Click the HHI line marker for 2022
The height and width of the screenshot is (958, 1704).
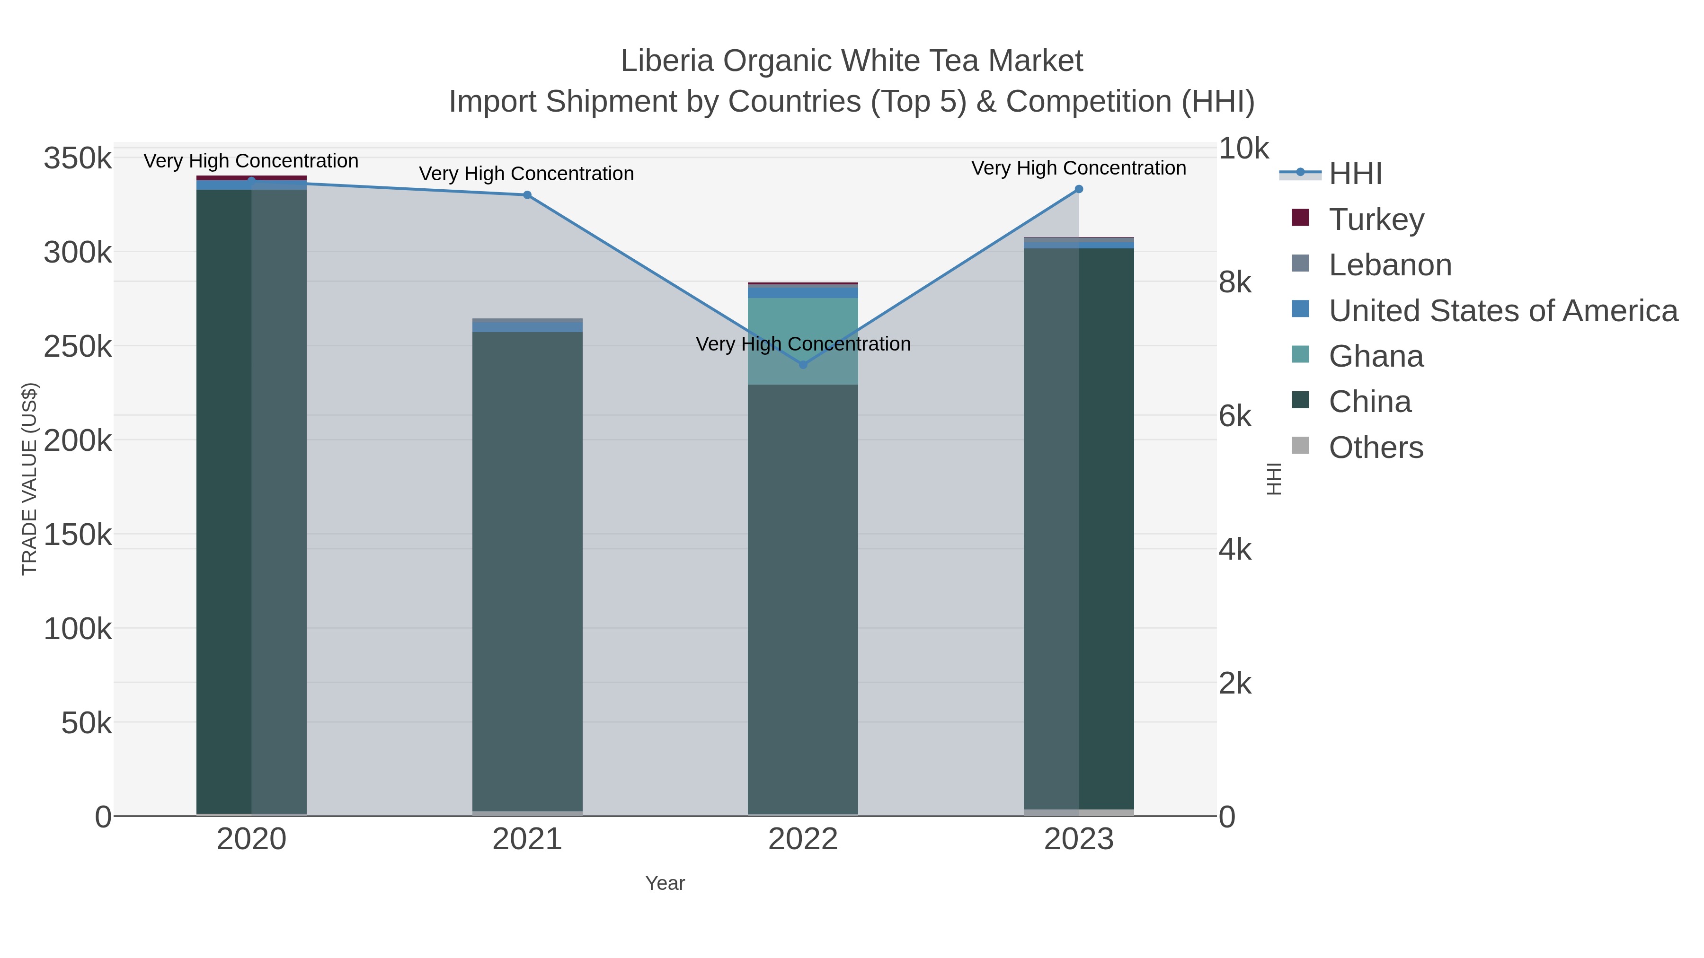[803, 364]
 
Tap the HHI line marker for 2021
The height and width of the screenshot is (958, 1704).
[527, 195]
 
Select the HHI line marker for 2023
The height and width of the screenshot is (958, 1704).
[1079, 189]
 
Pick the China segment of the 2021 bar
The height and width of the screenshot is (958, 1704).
[527, 569]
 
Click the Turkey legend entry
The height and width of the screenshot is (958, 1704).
[1376, 220]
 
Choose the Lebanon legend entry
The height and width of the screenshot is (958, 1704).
[1389, 265]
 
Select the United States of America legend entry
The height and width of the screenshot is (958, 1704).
[1501, 311]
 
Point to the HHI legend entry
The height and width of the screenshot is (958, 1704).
[1355, 174]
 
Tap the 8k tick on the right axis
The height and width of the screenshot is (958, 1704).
[1235, 282]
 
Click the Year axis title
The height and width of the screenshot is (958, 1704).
[665, 883]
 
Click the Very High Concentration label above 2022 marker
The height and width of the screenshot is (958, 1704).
[803, 344]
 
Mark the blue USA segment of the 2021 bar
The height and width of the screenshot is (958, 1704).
[527, 326]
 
